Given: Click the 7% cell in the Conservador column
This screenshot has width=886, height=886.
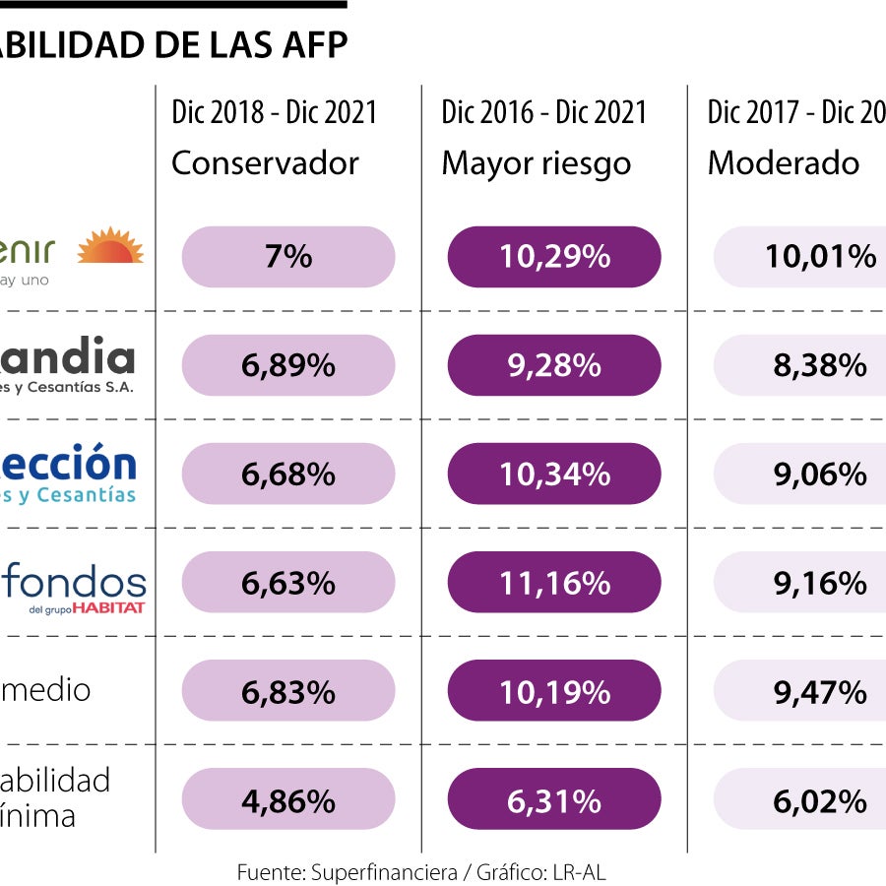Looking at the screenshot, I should coord(287,257).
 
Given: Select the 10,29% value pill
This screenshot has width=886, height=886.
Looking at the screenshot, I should coord(554,257).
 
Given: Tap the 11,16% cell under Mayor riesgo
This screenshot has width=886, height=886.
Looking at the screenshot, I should coord(554,583).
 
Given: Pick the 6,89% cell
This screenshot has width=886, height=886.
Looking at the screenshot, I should coord(287,365).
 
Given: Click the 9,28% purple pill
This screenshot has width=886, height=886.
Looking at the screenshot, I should coord(554,365).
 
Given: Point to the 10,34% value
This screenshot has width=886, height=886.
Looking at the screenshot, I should coord(554,475).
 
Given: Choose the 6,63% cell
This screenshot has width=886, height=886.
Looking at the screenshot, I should coord(287,583).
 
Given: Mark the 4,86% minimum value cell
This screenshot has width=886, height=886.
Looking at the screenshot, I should coord(287,799).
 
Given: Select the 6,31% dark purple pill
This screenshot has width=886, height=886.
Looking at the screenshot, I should coord(554,799).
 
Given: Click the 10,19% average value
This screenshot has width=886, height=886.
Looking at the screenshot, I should coord(554,691).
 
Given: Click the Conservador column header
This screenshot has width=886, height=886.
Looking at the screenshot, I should coord(265,162).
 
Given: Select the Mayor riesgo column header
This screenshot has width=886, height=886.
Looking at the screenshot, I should coord(536,162).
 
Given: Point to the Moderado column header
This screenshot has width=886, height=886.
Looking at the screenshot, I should coord(784,162).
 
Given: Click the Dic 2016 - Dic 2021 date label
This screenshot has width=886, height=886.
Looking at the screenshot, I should coord(543,112).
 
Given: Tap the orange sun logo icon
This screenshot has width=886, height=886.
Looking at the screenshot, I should coord(110,246).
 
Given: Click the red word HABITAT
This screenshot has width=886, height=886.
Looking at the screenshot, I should coord(108,607).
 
